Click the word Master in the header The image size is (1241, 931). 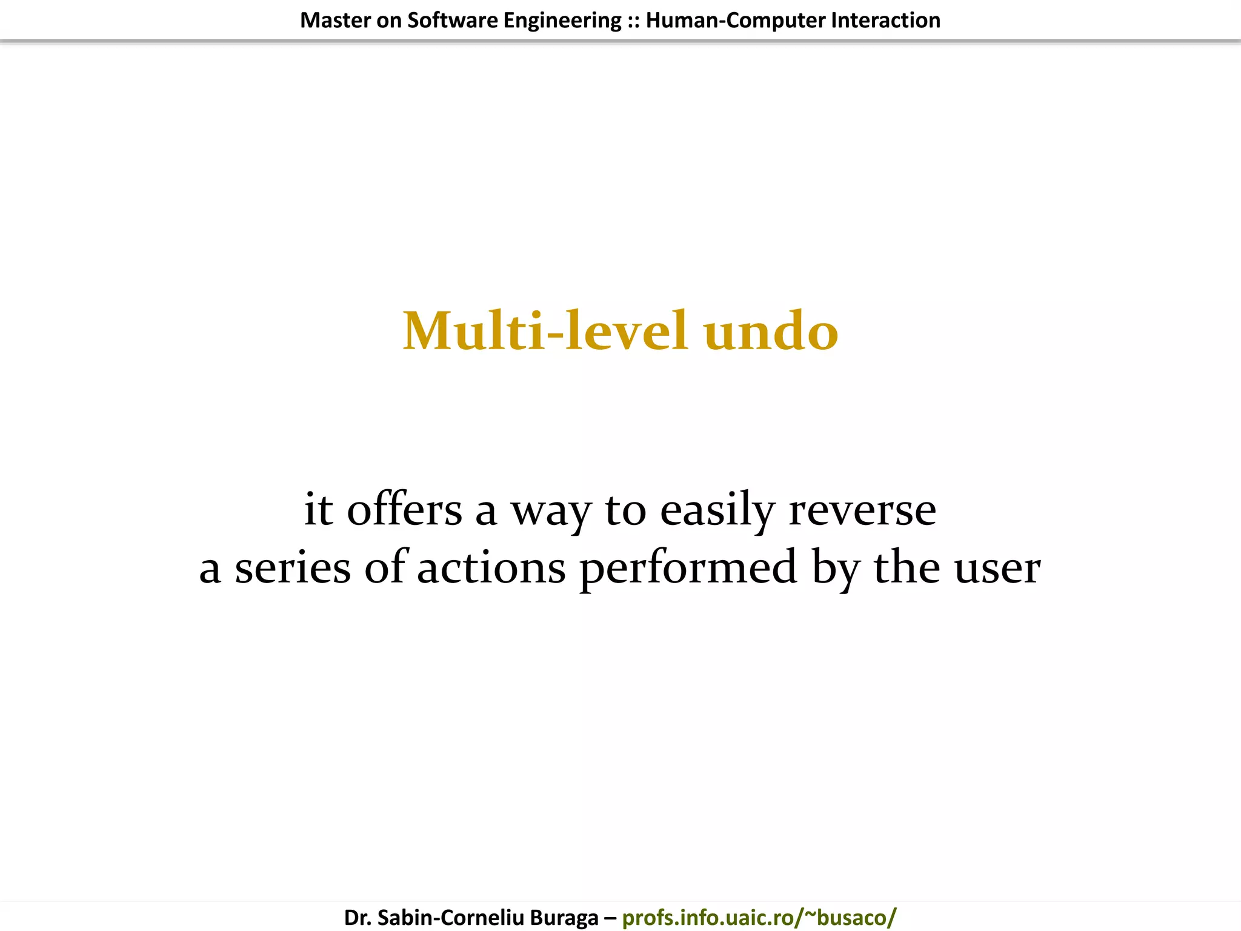click(335, 21)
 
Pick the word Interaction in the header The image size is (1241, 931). click(885, 21)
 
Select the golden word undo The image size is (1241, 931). click(771, 332)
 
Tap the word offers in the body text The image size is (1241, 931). click(404, 509)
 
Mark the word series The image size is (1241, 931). click(293, 569)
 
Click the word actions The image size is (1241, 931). click(491, 569)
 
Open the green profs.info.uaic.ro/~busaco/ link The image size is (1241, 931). click(759, 918)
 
